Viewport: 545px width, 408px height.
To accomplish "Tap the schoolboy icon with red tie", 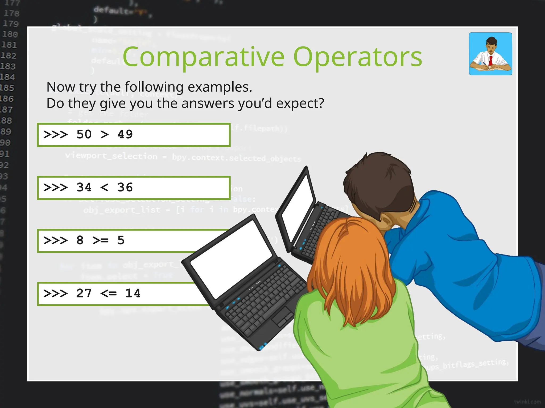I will pyautogui.click(x=490, y=54).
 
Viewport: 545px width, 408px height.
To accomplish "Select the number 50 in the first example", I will pyautogui.click(x=84, y=134).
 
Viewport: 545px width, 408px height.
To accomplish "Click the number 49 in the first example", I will pyautogui.click(x=125, y=134).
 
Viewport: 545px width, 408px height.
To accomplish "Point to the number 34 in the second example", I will pyautogui.click(x=84, y=188).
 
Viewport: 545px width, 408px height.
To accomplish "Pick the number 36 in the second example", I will pyautogui.click(x=125, y=188).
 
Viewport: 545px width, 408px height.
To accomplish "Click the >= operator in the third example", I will pyautogui.click(x=100, y=241).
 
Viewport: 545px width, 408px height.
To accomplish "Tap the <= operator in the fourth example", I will pyautogui.click(x=109, y=294).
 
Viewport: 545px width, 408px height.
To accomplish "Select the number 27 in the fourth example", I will pyautogui.click(x=84, y=294).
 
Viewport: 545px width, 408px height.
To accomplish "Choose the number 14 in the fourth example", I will pyautogui.click(x=133, y=294).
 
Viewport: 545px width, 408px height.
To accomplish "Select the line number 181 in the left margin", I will pyautogui.click(x=9, y=45).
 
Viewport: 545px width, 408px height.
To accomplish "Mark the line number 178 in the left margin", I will pyautogui.click(x=11, y=13).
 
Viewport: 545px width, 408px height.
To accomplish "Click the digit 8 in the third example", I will pyautogui.click(x=80, y=241).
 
